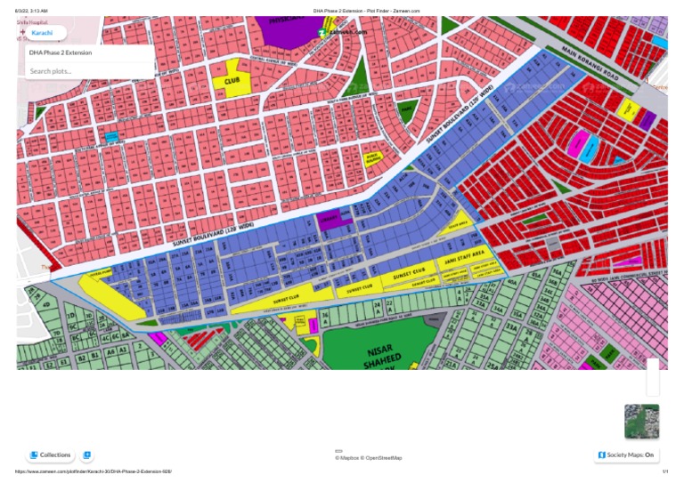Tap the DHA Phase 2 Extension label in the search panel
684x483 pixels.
pos(61,52)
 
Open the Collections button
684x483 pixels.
pos(50,455)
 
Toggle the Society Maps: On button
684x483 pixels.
pos(628,455)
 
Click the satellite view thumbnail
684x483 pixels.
pos(641,422)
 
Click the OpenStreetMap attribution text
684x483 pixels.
pos(384,458)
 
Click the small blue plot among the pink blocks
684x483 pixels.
pos(112,137)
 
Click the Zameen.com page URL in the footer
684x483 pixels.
pos(94,471)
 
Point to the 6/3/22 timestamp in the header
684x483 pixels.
pos(32,11)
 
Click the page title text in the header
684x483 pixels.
pos(366,11)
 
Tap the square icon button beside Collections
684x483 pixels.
pos(86,455)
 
